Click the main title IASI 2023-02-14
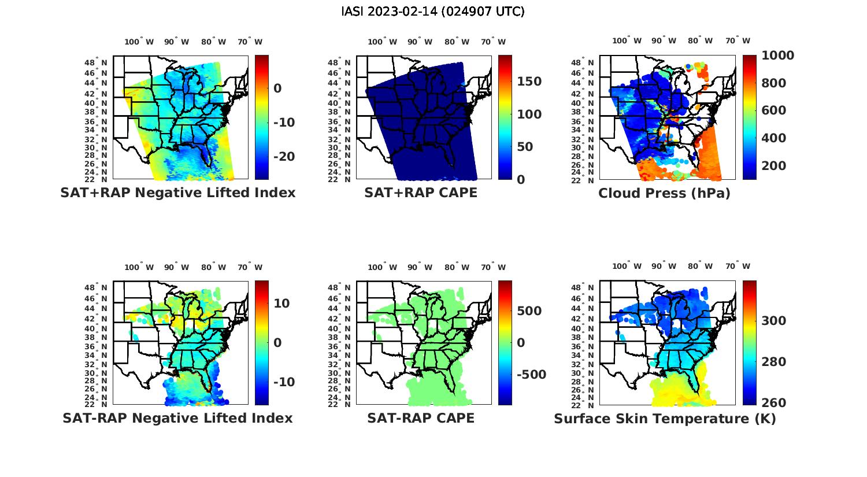[433, 12]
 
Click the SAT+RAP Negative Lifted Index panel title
[178, 193]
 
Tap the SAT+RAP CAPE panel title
[421, 193]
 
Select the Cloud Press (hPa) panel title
[664, 193]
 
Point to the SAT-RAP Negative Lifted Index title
[178, 418]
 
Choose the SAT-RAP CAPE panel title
[421, 418]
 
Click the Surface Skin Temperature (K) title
[665, 419]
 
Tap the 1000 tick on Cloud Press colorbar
[777, 56]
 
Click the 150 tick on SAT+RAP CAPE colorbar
[529, 82]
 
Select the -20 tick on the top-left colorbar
[284, 157]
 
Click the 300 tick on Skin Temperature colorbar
[773, 321]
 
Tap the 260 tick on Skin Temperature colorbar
[773, 402]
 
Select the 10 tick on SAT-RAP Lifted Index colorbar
[281, 304]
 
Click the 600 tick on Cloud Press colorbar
[773, 110]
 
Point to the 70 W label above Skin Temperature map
[738, 267]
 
